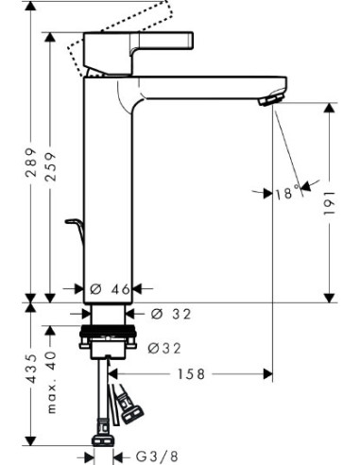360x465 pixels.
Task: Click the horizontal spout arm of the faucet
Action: [208, 85]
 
